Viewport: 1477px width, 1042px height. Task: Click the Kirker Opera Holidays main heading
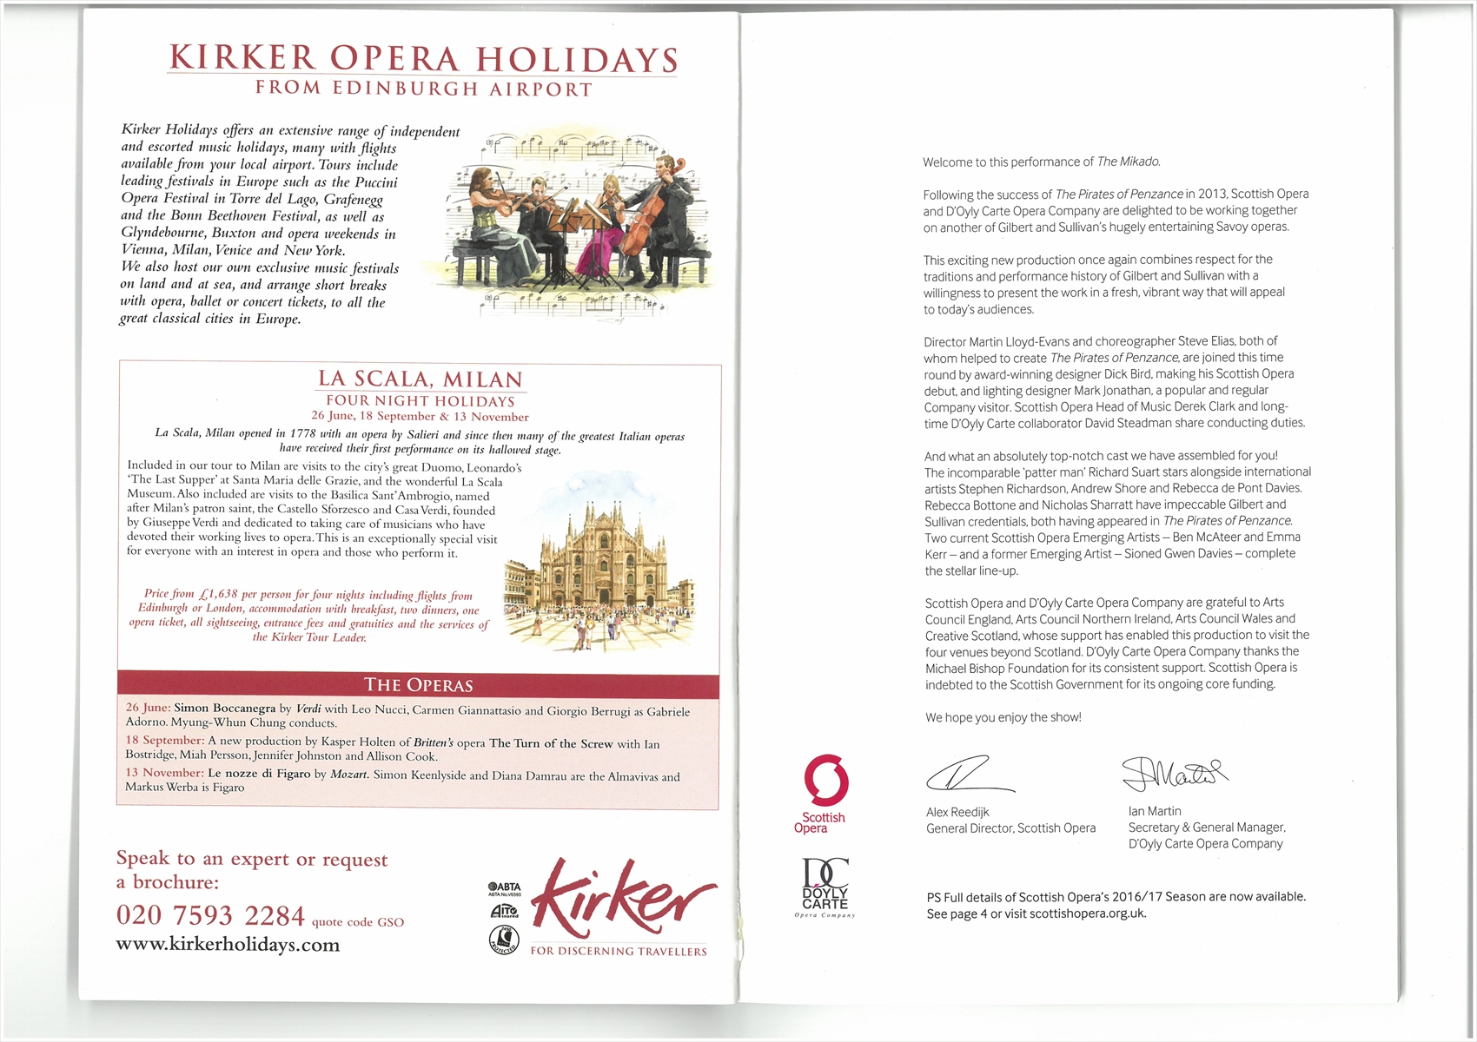(x=423, y=58)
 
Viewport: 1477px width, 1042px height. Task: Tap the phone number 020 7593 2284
(x=210, y=915)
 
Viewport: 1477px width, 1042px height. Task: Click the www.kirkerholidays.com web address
(x=228, y=945)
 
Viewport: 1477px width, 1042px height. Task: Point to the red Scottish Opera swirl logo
(x=825, y=780)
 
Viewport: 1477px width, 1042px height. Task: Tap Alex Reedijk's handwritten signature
(x=968, y=774)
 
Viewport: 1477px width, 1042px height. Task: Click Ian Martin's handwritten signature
(x=1174, y=772)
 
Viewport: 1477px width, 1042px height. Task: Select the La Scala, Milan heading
(x=421, y=379)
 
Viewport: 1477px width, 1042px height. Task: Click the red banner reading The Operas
(x=418, y=685)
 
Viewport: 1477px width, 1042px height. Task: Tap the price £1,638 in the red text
(x=217, y=595)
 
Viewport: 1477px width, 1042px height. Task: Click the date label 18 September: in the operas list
(x=164, y=741)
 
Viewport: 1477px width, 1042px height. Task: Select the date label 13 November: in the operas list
(x=164, y=773)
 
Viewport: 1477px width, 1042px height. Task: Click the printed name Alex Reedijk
(x=957, y=812)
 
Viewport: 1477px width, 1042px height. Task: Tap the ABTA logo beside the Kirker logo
(x=504, y=889)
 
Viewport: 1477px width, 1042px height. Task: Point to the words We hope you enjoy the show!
(x=1003, y=717)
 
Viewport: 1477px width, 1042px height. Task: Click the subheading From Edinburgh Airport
(x=423, y=89)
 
